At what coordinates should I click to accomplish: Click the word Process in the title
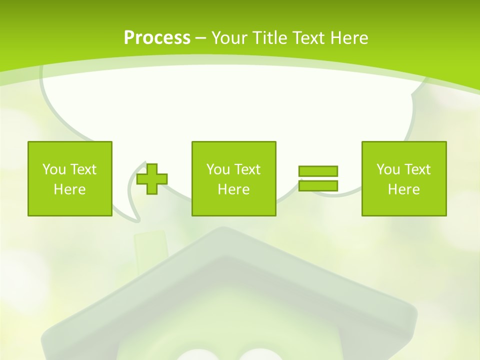pyautogui.click(x=157, y=38)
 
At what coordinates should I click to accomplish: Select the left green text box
pyautogui.click(x=70, y=178)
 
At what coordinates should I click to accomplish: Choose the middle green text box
pyautogui.click(x=233, y=178)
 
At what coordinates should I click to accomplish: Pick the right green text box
pyautogui.click(x=404, y=178)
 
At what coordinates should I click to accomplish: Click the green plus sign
pyautogui.click(x=152, y=179)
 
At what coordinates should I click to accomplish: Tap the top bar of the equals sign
pyautogui.click(x=318, y=171)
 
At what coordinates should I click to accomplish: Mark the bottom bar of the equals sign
pyautogui.click(x=318, y=185)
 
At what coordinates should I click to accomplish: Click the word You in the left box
pyautogui.click(x=53, y=169)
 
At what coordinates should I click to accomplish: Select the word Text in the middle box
pyautogui.click(x=247, y=169)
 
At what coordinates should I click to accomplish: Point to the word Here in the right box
pyautogui.click(x=404, y=189)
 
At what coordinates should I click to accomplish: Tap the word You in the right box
pyautogui.click(x=388, y=169)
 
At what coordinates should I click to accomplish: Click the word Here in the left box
pyautogui.click(x=70, y=189)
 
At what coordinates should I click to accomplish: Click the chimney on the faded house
pyautogui.click(x=150, y=245)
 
